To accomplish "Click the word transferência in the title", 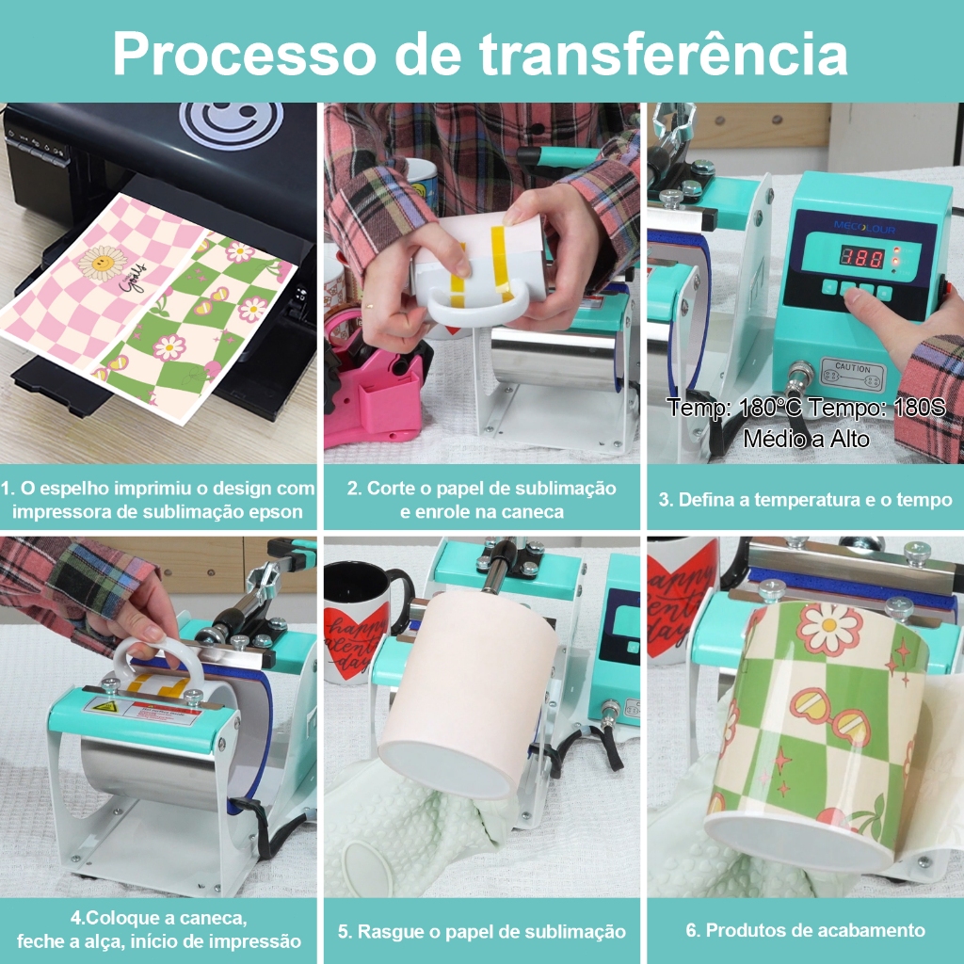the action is tap(664, 53).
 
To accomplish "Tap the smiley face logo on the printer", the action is tap(232, 125).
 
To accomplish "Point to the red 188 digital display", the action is tap(862, 257).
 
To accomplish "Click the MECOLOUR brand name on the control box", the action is tap(864, 228).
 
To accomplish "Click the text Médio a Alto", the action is tap(806, 439).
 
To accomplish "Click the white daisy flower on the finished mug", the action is tap(829, 628).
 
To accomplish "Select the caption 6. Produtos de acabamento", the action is tap(806, 930).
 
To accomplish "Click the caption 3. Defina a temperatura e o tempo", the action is tap(806, 499).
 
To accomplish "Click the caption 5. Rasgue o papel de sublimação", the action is tap(482, 931).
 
